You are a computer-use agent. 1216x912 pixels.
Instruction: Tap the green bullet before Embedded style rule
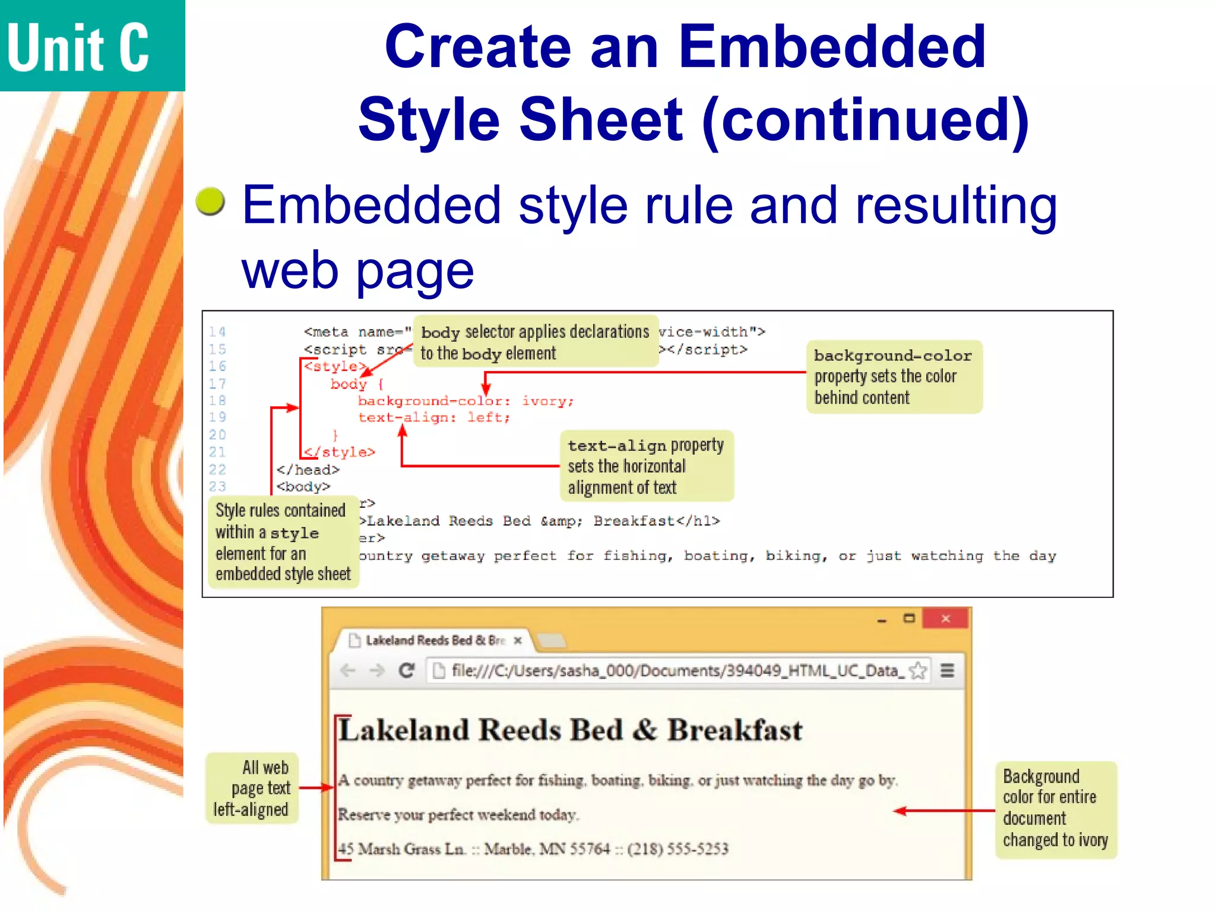(x=210, y=202)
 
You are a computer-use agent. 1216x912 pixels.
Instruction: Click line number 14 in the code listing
(x=217, y=332)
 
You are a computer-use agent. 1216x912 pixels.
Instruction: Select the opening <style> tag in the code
(x=334, y=366)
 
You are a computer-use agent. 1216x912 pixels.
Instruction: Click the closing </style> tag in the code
(x=340, y=452)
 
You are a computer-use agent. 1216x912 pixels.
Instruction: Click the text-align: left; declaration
(x=433, y=418)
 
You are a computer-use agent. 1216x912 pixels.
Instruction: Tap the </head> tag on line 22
(x=308, y=470)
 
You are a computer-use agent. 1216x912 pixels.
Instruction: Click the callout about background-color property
(x=894, y=376)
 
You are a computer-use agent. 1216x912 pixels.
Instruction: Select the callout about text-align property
(x=646, y=466)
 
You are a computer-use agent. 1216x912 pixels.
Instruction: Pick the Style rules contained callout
(x=283, y=541)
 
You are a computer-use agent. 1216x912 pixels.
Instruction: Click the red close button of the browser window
(x=945, y=619)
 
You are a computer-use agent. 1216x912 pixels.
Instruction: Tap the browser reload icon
(x=407, y=671)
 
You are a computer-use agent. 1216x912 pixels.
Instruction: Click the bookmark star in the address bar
(x=918, y=671)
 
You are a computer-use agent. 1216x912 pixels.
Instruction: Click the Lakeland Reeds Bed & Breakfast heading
(x=570, y=730)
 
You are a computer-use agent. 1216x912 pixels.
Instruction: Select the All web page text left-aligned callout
(x=252, y=788)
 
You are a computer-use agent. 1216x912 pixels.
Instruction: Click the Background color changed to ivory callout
(x=1055, y=809)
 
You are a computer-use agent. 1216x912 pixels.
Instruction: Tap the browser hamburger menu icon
(x=948, y=671)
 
